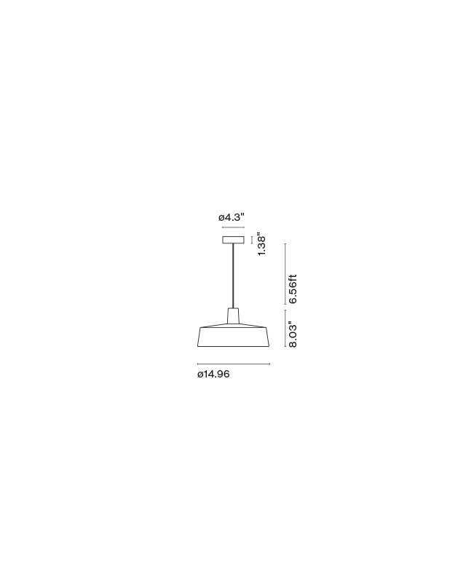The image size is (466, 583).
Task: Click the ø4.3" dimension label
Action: [231, 216]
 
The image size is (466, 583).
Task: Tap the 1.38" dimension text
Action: [261, 245]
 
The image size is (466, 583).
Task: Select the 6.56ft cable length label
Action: [293, 289]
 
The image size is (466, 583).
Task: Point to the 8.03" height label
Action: [293, 334]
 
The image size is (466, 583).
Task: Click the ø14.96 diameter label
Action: [213, 374]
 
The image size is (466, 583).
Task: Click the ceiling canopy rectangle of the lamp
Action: [234, 240]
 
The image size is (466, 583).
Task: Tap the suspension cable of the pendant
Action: [234, 276]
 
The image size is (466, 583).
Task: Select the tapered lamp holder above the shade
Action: [234, 316]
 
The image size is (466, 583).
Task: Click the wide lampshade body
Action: [234, 337]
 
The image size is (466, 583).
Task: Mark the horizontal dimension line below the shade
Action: [234, 364]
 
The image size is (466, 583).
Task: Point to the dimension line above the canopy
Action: [234, 227]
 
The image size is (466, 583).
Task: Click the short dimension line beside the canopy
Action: [252, 240]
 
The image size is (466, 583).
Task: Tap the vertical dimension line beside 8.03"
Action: [285, 329]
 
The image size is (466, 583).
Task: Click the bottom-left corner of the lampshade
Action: [197, 347]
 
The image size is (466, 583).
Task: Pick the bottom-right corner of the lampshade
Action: [270, 347]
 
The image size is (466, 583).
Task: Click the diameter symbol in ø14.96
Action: [200, 375]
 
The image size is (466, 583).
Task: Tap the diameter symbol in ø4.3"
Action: [221, 217]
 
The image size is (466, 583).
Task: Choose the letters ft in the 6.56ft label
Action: [293, 278]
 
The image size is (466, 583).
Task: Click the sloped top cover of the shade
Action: [234, 325]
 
